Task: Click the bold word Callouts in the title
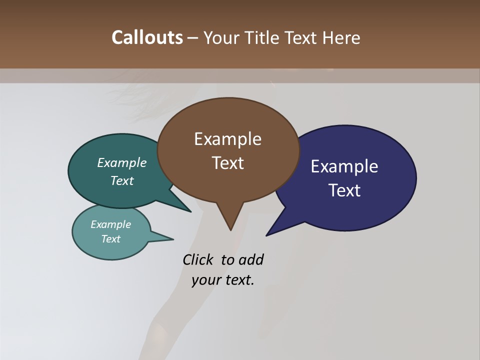[147, 37]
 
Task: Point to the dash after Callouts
[193, 38]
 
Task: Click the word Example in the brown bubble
[227, 139]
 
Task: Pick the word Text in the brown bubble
[227, 163]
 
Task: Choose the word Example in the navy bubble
[344, 166]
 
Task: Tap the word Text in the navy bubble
[344, 190]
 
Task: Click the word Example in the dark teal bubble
[122, 163]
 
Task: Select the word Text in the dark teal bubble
[122, 181]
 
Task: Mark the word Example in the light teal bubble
[110, 224]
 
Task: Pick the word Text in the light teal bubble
[110, 239]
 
